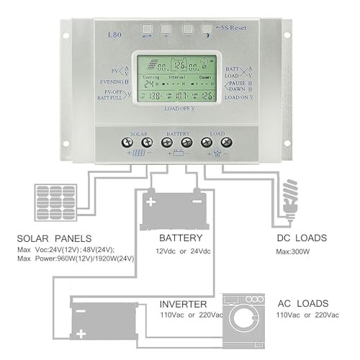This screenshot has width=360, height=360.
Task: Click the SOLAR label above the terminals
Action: coord(139,134)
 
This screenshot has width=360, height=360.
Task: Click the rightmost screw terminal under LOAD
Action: coord(226,143)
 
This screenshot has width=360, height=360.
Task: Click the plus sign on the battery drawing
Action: coord(150,202)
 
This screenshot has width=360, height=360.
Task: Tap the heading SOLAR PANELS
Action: coord(55,238)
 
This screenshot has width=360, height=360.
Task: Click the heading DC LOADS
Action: coord(302,238)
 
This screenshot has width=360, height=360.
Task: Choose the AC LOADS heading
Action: coord(302,303)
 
